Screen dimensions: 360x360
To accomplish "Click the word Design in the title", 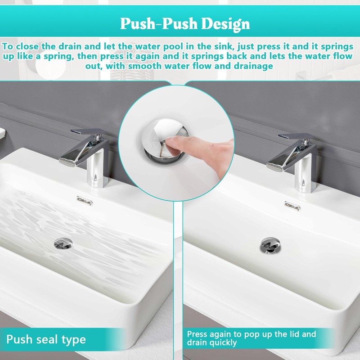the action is [225, 24].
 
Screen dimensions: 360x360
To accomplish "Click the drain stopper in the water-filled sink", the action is [63, 244].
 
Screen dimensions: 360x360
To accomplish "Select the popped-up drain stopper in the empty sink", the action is [270, 245].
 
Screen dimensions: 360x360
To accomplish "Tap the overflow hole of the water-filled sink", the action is [85, 201].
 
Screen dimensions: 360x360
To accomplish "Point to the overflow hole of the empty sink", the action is [292, 206].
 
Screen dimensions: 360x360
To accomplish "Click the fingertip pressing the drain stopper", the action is [170, 142].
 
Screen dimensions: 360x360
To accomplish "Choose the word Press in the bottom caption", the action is [197, 334].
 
